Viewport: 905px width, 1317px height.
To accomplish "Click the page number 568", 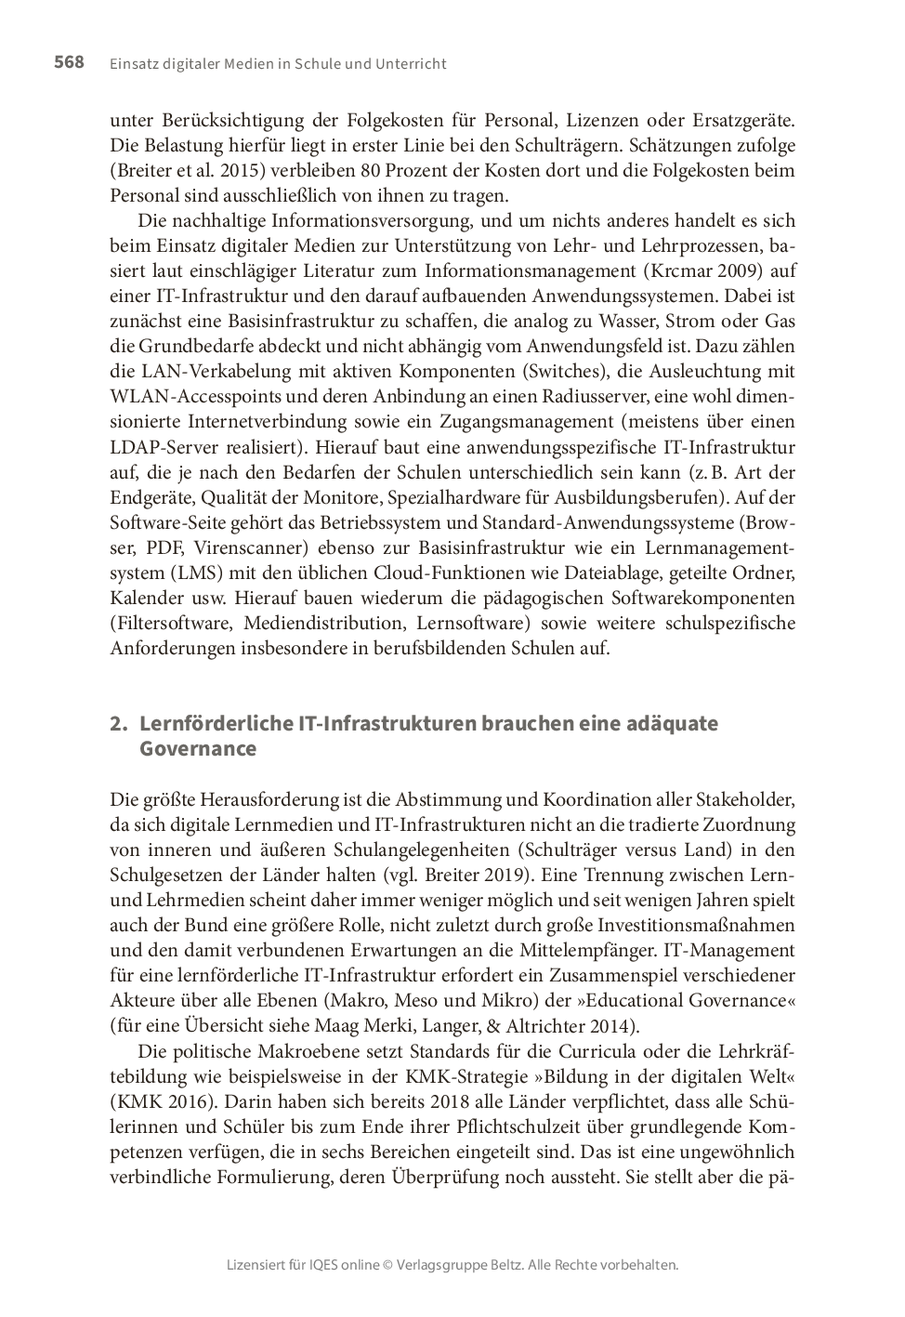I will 69,62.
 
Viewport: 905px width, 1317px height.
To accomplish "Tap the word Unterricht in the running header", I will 411,64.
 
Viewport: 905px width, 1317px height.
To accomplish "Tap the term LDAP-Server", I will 161,447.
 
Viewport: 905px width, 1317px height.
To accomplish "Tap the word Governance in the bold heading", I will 197,749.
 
